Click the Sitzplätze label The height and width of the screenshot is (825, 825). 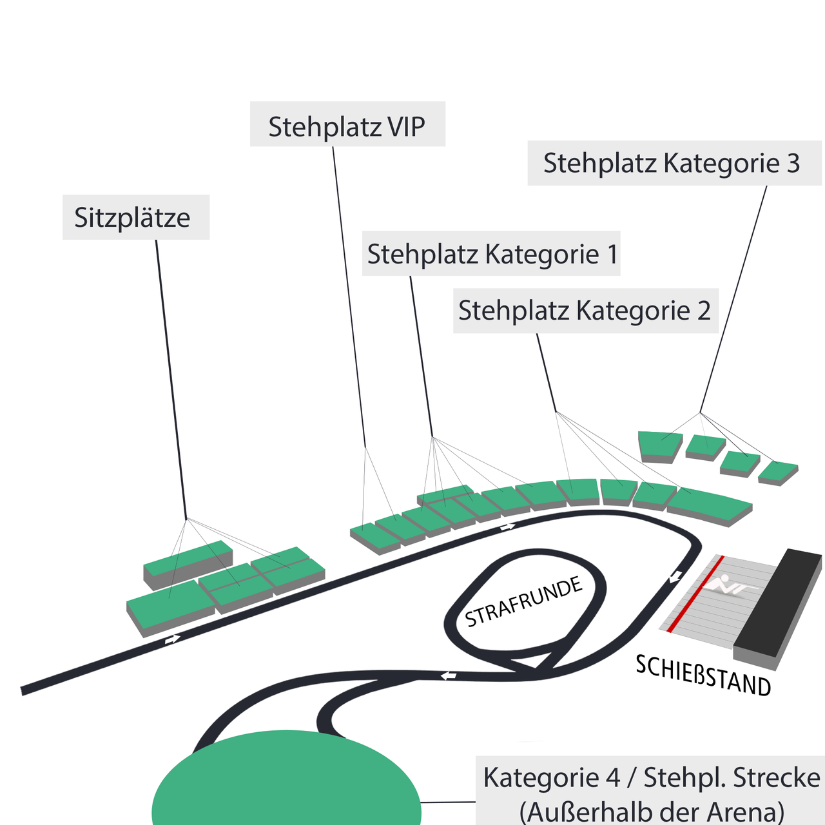pyautogui.click(x=136, y=217)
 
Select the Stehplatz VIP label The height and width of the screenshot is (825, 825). pyautogui.click(x=347, y=124)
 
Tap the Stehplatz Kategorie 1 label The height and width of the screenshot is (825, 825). pyautogui.click(x=491, y=253)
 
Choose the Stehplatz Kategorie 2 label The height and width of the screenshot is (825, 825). pyautogui.click(x=586, y=311)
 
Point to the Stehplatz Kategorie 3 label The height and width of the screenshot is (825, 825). pyautogui.click(x=674, y=163)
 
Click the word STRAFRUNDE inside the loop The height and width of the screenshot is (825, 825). pyautogui.click(x=523, y=601)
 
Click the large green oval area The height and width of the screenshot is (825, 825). pyautogui.click(x=286, y=780)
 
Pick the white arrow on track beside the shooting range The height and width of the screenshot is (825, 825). pyautogui.click(x=675, y=576)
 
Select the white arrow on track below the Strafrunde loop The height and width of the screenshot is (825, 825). pyautogui.click(x=449, y=676)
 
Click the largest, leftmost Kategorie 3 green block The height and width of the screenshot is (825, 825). pyautogui.click(x=659, y=447)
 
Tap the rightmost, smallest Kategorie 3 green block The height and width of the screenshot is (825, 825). pyautogui.click(x=778, y=472)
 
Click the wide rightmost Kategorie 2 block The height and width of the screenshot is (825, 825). pyautogui.click(x=710, y=507)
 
